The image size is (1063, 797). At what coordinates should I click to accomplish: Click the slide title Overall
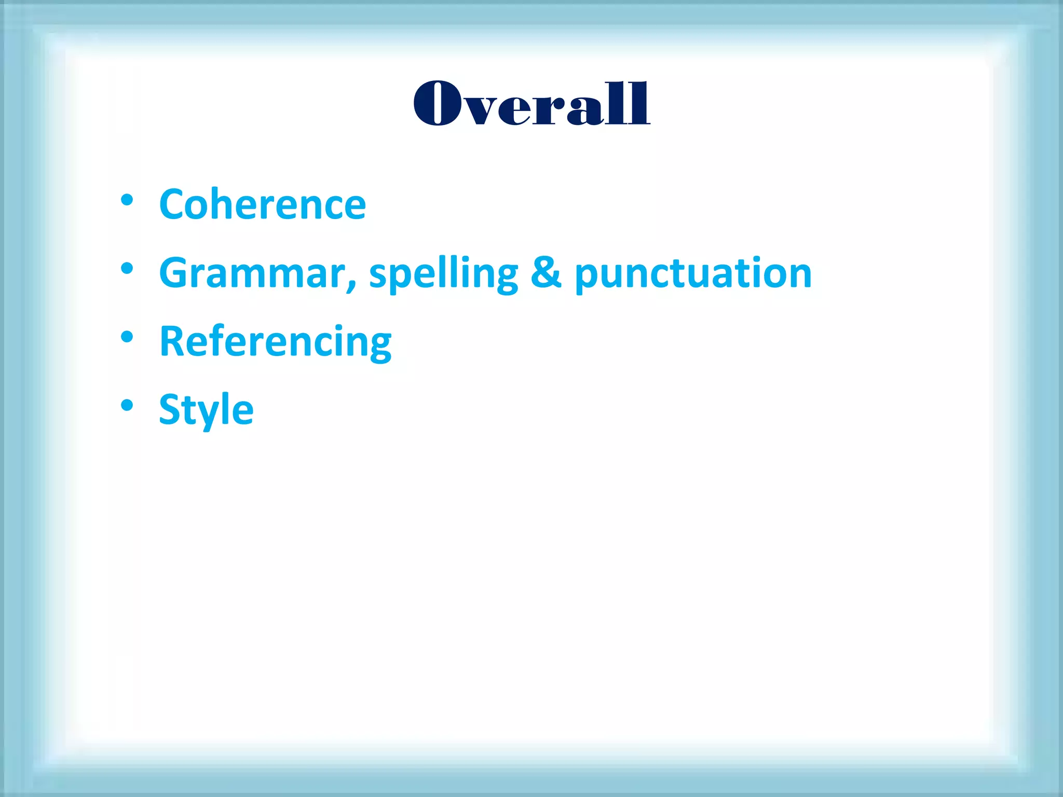tap(531, 104)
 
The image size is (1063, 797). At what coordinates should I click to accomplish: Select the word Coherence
tap(263, 204)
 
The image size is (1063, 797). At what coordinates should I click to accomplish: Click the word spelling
tap(443, 274)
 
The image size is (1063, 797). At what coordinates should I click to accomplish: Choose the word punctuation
tap(693, 274)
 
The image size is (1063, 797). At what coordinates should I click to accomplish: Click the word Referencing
tap(276, 342)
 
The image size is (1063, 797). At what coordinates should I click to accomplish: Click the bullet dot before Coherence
tap(127, 200)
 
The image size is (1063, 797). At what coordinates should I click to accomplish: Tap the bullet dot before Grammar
tap(127, 269)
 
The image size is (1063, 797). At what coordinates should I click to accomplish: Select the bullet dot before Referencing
tap(127, 337)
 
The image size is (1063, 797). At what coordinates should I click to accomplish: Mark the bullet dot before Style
tap(127, 405)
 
